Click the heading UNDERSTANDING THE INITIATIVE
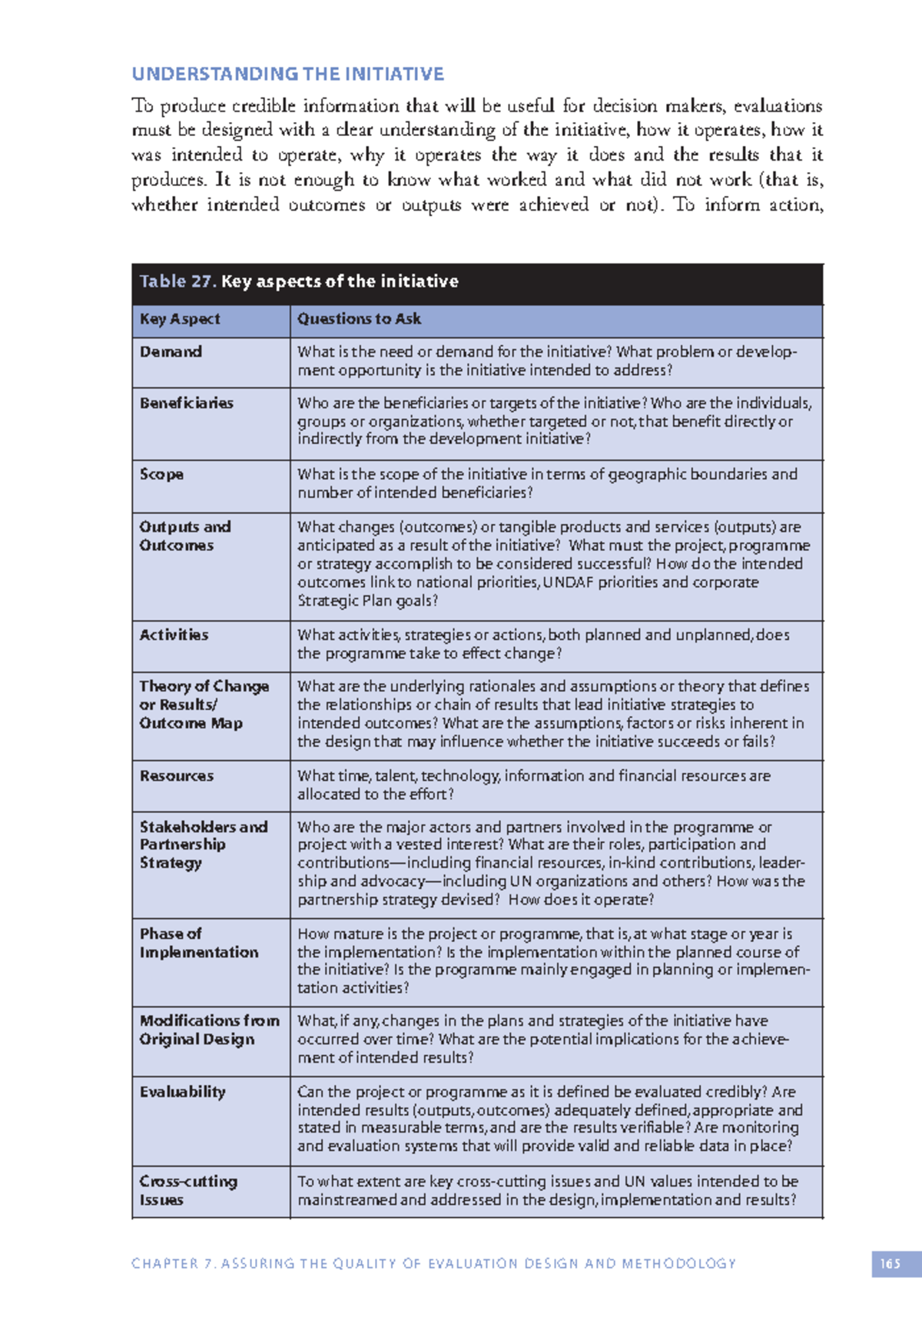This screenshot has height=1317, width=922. (x=287, y=75)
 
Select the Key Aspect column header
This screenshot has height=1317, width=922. (x=180, y=319)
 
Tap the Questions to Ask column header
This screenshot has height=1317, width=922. (x=359, y=319)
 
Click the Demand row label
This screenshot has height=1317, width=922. (x=171, y=352)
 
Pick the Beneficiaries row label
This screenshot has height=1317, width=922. (x=186, y=403)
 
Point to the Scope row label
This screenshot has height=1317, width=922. (x=161, y=474)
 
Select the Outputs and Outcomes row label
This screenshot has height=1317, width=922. (x=184, y=536)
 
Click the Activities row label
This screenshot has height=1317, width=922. (x=174, y=635)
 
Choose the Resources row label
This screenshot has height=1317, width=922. (x=176, y=776)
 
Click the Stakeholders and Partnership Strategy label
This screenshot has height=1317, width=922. (x=203, y=844)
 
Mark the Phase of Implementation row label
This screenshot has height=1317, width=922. (x=198, y=943)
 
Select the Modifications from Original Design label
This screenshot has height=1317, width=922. (x=208, y=1030)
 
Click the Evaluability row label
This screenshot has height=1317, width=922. (x=182, y=1092)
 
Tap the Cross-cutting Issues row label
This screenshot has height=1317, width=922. (x=187, y=1190)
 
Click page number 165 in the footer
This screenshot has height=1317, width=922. (x=890, y=1264)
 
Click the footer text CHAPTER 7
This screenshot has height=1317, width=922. (x=174, y=1264)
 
